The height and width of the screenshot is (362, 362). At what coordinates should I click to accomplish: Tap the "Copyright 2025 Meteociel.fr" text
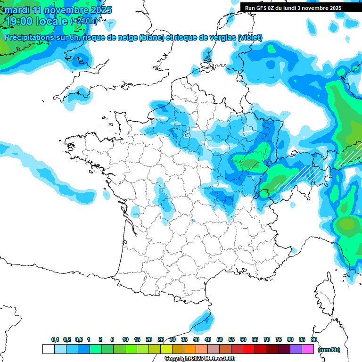pos(200,358)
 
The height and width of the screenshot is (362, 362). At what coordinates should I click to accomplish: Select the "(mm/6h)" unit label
pos(329,349)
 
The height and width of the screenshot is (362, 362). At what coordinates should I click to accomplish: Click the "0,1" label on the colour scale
pos(55,340)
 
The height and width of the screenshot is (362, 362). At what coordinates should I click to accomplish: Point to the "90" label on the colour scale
pos(313,340)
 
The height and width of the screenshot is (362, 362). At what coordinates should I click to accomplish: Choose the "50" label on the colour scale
pos(220,340)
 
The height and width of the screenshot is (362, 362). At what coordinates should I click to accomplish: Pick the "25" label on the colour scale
pos(161,340)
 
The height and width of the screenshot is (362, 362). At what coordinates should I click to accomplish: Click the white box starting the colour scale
pos(48,349)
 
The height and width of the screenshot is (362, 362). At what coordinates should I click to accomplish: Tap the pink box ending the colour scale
pos(308,349)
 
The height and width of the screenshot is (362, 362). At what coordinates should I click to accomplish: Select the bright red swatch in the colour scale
pos(249,349)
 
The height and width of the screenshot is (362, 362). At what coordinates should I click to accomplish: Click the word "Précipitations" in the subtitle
pos(29,38)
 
